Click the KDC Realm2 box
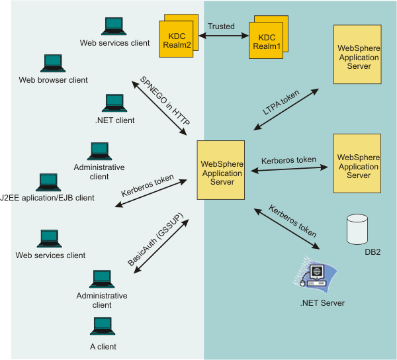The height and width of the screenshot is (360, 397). pos(179,36)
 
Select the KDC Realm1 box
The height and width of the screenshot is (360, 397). pos(269,37)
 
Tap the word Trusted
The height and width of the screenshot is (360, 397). pos(221,26)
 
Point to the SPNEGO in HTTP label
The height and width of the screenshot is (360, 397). pos(165,101)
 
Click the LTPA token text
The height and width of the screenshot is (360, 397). pos(281,103)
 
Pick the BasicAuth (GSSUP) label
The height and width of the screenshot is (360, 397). pos(155,240)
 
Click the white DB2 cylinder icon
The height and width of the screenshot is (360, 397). pos(357,230)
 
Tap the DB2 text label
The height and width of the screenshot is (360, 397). pos(373,252)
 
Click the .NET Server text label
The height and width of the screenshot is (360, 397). pos(322,303)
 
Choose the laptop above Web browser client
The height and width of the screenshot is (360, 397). pos(53,64)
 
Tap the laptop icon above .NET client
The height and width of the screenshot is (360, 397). pos(114,103)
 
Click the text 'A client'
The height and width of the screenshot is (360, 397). pos(103,347)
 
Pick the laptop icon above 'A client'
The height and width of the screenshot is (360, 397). pos(103,326)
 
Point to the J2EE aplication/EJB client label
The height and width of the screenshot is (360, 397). pos(47,198)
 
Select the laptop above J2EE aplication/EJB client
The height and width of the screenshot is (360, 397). pos(48,182)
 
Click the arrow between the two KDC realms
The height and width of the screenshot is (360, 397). pos(224,36)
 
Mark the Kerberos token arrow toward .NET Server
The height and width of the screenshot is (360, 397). pos(287,229)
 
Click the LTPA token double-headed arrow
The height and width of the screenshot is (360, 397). pos(286,109)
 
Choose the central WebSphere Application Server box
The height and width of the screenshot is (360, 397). pos(221,170)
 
